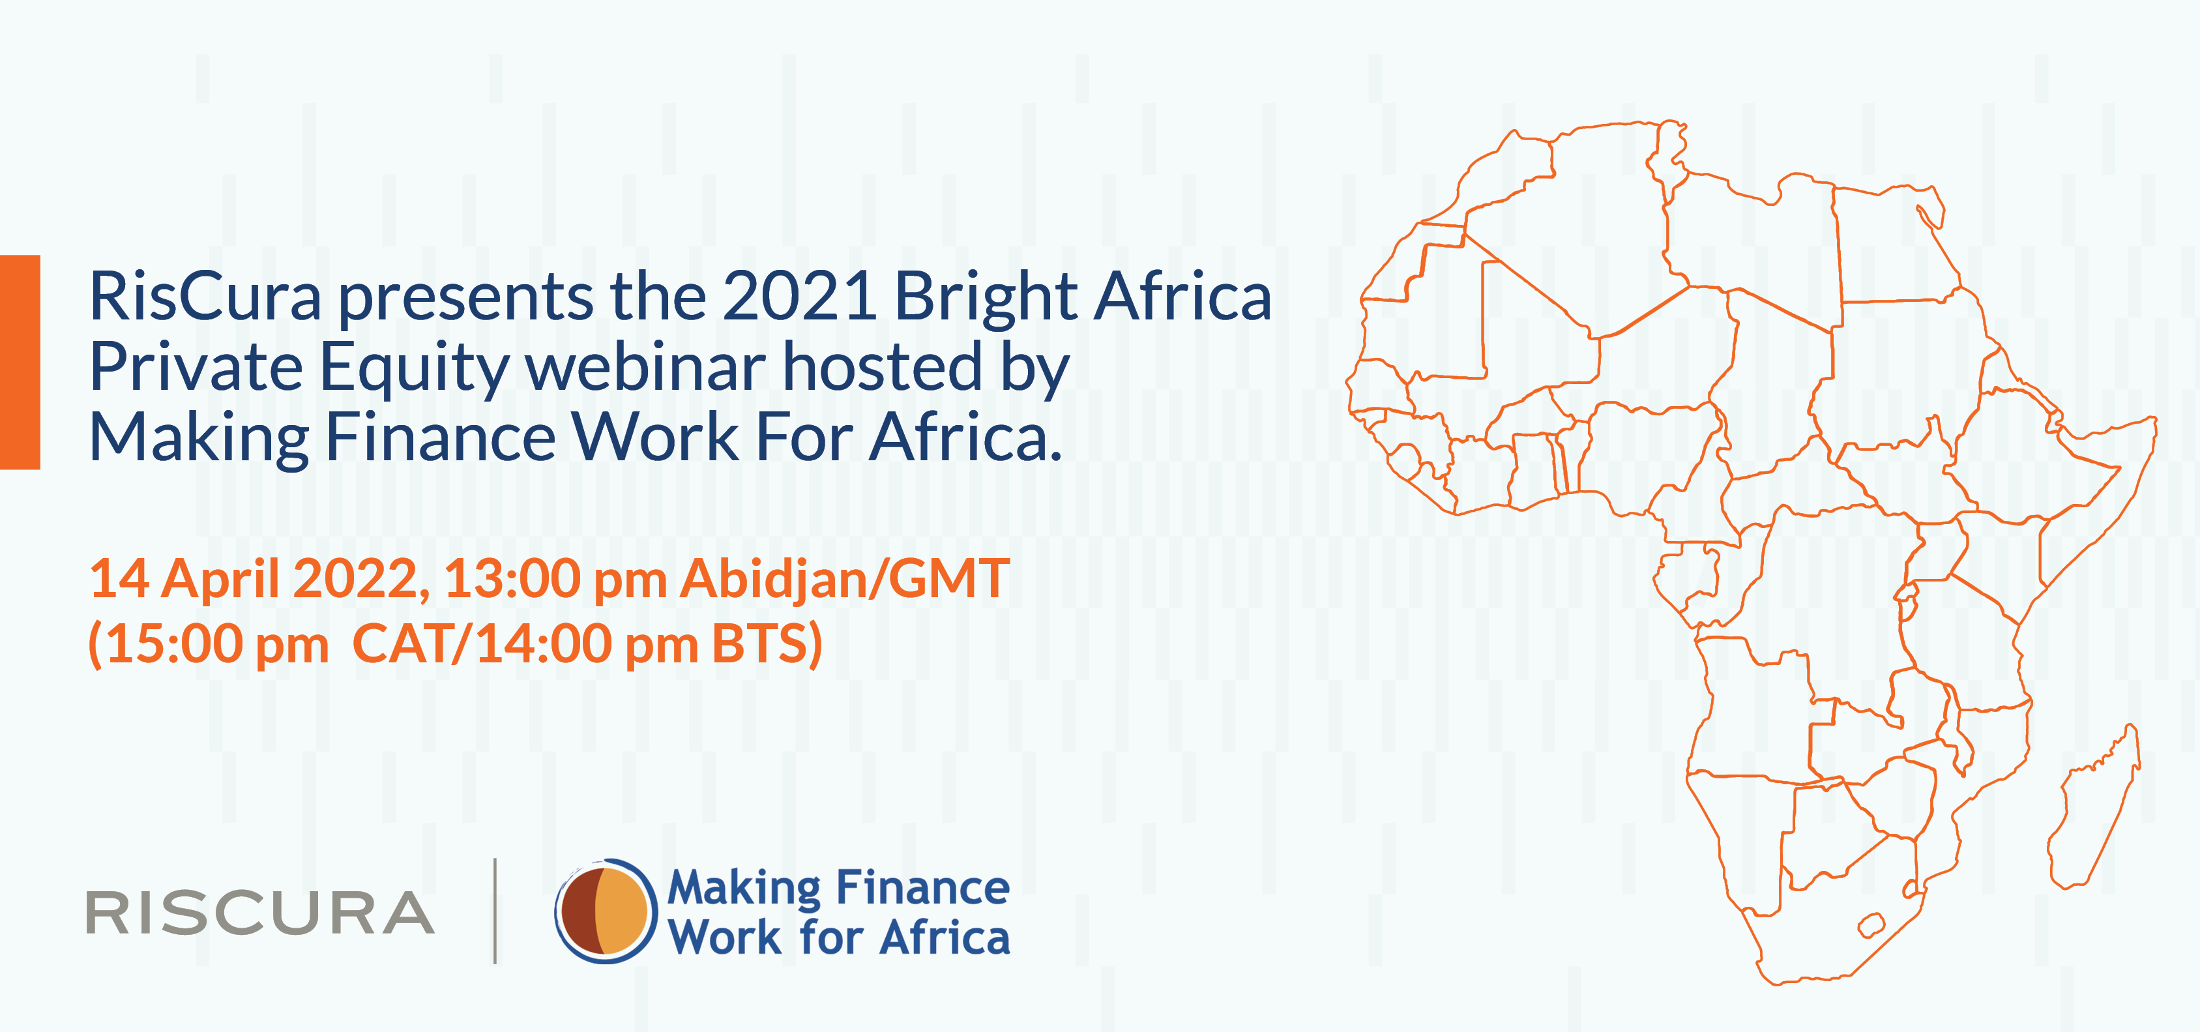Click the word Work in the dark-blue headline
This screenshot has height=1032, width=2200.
655,437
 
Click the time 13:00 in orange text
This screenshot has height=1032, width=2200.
512,578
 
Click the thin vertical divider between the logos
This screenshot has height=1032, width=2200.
495,911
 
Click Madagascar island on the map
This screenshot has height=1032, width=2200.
2096,807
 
